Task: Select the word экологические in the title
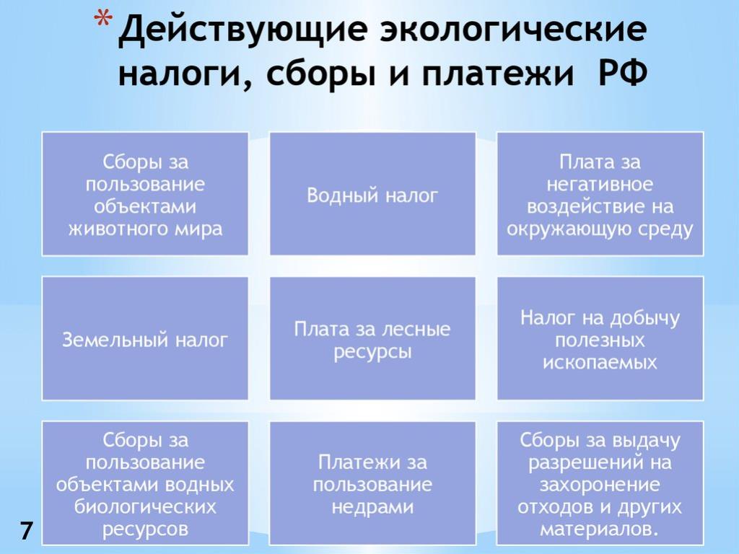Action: click(x=514, y=30)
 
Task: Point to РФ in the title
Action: click(x=623, y=74)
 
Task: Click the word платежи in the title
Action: click(x=497, y=75)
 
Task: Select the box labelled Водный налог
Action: click(x=372, y=193)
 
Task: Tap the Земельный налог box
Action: click(x=145, y=338)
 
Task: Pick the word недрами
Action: click(x=372, y=507)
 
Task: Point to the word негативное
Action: click(x=600, y=184)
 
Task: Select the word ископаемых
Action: click(x=600, y=362)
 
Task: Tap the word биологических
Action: click(x=145, y=507)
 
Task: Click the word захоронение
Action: click(x=600, y=485)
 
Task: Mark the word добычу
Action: click(x=645, y=318)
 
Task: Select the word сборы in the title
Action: click(x=321, y=75)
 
